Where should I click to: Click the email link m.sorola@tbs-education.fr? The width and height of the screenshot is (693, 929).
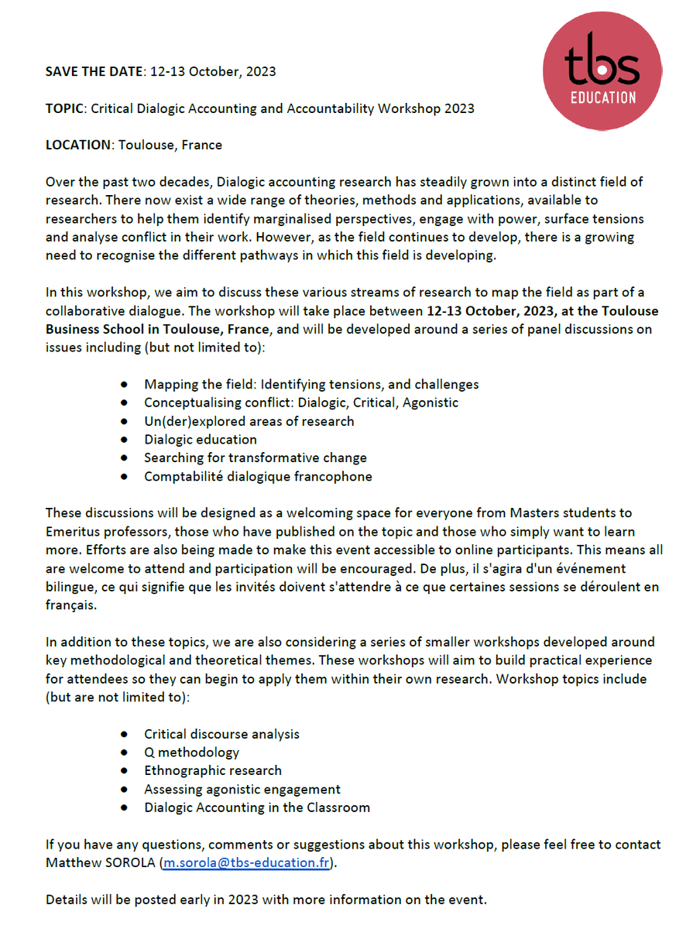[245, 863]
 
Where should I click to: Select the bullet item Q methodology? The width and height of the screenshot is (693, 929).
[191, 752]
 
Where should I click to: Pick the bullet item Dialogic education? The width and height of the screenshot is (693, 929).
[200, 440]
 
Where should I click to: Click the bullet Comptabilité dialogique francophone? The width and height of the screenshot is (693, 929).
[258, 477]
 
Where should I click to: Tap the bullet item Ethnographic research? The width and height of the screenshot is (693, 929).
[213, 770]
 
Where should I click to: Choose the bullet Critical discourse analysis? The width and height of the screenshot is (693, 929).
[221, 733]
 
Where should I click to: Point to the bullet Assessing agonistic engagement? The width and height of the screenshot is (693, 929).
[242, 789]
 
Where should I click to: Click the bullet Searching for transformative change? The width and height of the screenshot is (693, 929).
[255, 458]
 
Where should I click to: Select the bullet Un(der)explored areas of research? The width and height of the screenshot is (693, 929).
[249, 421]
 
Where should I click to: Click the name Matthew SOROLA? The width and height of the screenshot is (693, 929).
[100, 863]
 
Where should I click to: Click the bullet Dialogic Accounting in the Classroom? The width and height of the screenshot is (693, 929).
[256, 807]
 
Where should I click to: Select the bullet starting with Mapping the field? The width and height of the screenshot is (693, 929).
[311, 384]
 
